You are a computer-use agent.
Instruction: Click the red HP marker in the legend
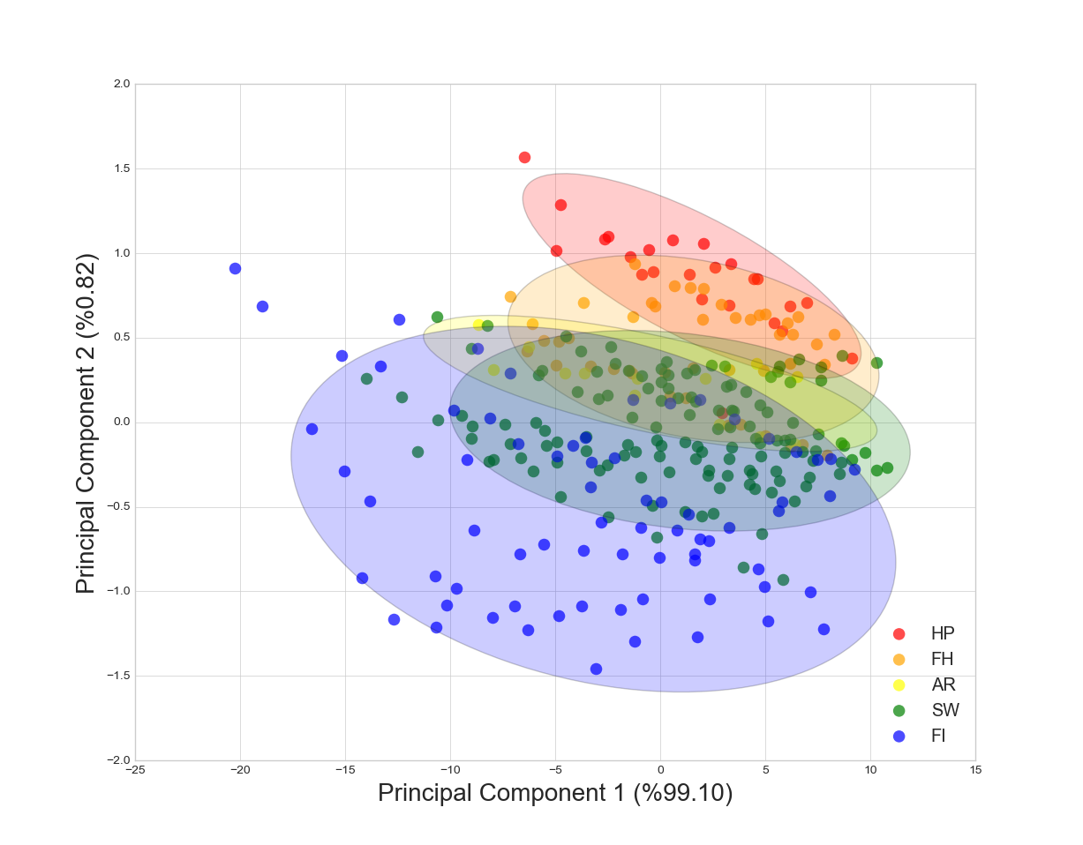[x=899, y=633]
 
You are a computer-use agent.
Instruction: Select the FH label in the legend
[x=942, y=659]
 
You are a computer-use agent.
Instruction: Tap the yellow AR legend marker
[x=899, y=684]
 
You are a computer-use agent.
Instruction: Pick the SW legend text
[x=944, y=710]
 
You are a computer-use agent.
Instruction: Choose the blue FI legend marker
[x=899, y=736]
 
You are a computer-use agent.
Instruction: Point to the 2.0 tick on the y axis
[x=121, y=84]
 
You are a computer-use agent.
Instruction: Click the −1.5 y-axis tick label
[x=118, y=676]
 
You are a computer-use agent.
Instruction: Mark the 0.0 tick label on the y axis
[x=121, y=422]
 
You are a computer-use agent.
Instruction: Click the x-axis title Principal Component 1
[x=555, y=794]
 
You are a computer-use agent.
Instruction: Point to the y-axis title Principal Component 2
[x=86, y=422]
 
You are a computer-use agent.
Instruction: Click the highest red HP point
[x=524, y=157]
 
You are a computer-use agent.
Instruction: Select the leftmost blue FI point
[x=235, y=268]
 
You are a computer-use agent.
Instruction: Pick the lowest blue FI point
[x=596, y=669]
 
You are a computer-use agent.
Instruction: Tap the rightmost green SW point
[x=887, y=467]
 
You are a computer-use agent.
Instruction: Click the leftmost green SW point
[x=366, y=378]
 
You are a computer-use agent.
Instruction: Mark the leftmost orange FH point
[x=510, y=296]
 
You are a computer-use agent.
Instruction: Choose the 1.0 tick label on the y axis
[x=121, y=253]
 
